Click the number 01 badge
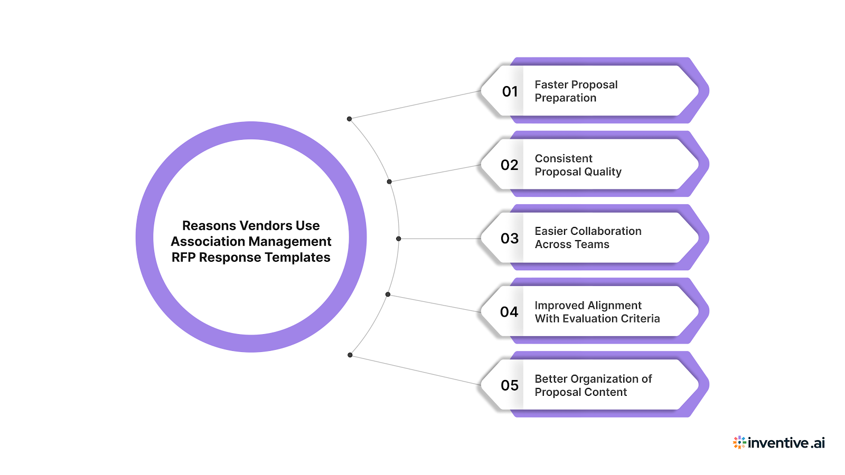tap(510, 92)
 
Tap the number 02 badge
tap(510, 165)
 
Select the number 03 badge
tap(510, 239)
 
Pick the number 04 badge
tap(510, 312)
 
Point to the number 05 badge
tap(510, 385)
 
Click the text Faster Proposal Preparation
tap(576, 91)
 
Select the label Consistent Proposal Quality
tap(578, 165)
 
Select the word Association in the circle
tap(204, 242)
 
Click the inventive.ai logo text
tap(786, 443)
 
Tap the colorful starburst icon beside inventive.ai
tap(739, 442)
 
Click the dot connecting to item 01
tap(349, 119)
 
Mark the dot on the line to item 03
tap(399, 239)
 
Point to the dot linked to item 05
tap(350, 355)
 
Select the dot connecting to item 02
tap(389, 182)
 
